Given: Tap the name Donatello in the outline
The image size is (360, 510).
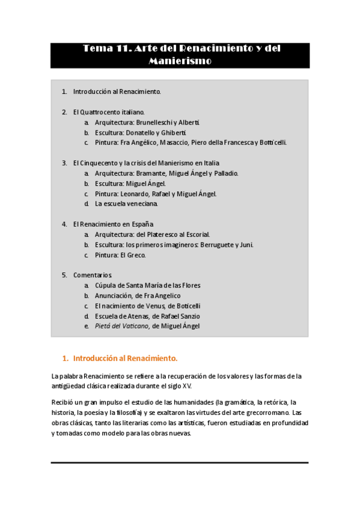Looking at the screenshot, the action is [x=142, y=132].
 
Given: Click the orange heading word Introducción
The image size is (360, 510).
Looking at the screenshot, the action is [x=95, y=358].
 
